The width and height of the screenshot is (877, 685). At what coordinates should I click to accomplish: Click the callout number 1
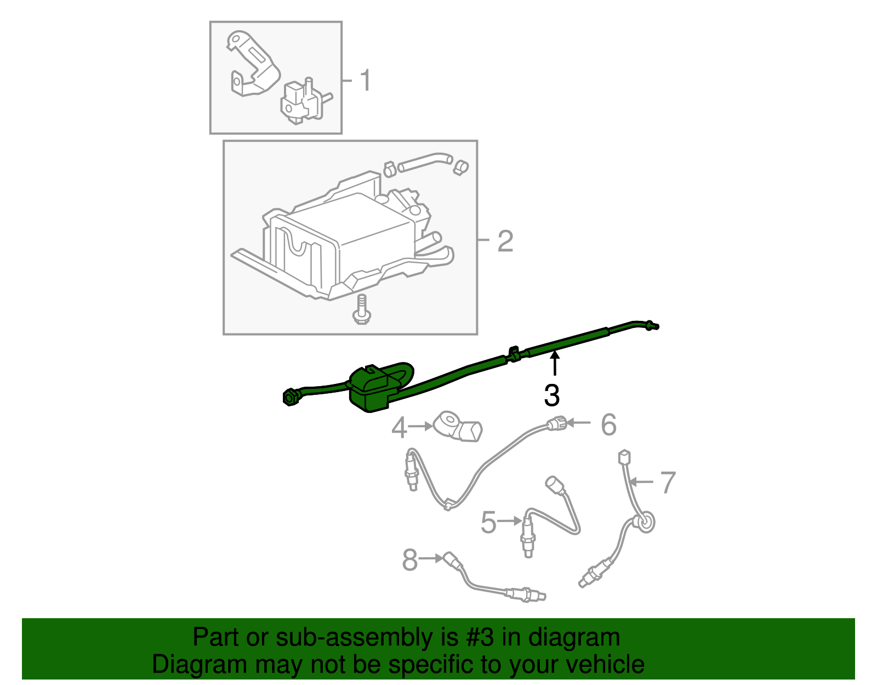365,80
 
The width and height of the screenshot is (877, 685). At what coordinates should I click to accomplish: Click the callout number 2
505,241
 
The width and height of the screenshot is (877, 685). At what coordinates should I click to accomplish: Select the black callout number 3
552,395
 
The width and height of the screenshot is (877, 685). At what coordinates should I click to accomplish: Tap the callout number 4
399,427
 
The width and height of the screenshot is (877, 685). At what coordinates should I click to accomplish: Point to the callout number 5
488,522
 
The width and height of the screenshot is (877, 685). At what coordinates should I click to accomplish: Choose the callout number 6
608,424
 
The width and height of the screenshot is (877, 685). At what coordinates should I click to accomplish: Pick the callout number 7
668,483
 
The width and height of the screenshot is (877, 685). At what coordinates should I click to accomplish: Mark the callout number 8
409,560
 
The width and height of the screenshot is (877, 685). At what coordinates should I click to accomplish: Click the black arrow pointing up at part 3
555,364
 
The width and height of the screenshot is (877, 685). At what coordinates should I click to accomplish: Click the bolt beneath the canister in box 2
362,310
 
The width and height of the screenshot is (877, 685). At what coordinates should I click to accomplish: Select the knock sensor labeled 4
458,426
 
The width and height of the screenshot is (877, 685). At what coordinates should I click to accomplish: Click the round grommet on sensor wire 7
645,522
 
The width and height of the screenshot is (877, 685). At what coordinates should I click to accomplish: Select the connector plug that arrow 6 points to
556,423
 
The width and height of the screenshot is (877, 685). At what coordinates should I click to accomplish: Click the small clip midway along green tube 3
514,354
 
